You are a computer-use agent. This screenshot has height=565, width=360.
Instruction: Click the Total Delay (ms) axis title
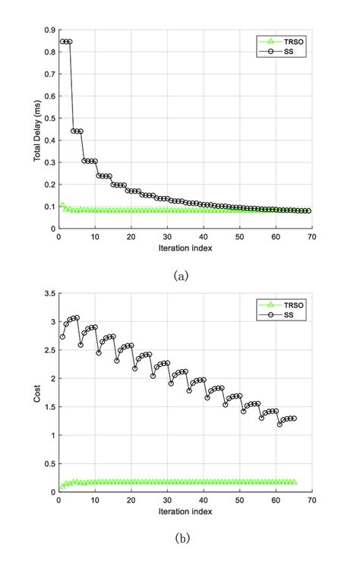pyautogui.click(x=36, y=130)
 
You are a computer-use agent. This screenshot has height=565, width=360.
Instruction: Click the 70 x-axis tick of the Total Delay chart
pyautogui.click(x=312, y=236)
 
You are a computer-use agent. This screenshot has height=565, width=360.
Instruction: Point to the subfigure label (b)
pyautogui.click(x=180, y=539)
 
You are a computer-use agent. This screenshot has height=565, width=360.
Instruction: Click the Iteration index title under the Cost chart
pyautogui.click(x=185, y=511)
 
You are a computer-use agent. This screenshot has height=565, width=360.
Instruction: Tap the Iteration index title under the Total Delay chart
pyautogui.click(x=185, y=248)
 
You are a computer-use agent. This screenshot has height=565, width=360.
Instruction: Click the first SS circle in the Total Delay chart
pyautogui.click(x=63, y=42)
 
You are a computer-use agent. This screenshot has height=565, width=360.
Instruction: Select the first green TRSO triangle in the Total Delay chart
pyautogui.click(x=62, y=204)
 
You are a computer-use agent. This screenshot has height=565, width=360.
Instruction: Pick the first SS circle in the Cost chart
pyautogui.click(x=62, y=336)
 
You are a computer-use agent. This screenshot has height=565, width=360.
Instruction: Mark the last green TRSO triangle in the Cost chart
pyautogui.click(x=294, y=481)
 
